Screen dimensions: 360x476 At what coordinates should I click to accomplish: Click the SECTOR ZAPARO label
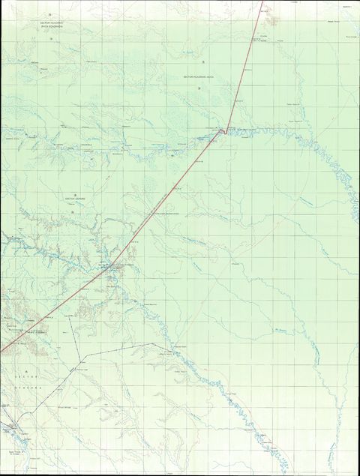point(76,199)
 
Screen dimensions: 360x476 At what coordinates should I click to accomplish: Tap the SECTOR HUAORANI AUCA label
point(201,77)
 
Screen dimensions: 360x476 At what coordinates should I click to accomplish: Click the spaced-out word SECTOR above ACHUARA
point(25,372)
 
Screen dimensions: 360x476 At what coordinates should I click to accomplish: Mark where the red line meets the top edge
point(262,1)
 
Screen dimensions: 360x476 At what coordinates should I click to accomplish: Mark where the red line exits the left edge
point(1,351)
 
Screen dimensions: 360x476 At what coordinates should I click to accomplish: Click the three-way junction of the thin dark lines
point(79,352)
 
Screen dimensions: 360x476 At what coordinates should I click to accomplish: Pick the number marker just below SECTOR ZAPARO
point(73,214)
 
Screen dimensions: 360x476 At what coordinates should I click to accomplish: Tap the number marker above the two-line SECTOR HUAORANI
point(49,15)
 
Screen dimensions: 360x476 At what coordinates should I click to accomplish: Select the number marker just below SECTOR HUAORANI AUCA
point(199,90)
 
